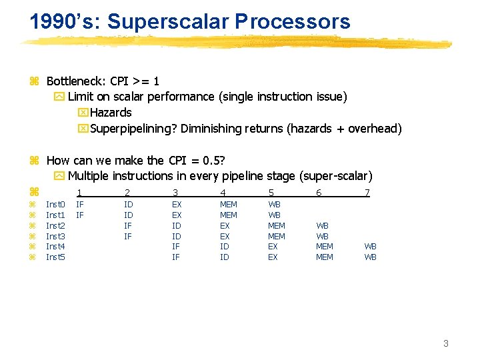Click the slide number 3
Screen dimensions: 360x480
[446, 343]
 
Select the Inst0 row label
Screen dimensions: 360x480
[55, 205]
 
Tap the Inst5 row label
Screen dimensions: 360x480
[55, 257]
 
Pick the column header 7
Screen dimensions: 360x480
[367, 193]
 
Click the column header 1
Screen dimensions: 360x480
[80, 193]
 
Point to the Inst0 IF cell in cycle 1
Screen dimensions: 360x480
[80, 205]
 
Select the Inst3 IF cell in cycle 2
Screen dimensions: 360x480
[128, 236]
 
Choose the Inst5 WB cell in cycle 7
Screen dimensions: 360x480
[371, 257]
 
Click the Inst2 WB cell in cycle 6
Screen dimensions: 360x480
[322, 226]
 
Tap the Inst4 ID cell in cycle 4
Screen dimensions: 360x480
[225, 247]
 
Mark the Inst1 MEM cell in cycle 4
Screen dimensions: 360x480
[229, 215]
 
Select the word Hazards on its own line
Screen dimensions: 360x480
[111, 113]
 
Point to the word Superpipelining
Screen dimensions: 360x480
[132, 129]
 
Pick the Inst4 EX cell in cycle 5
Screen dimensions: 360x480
[273, 247]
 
